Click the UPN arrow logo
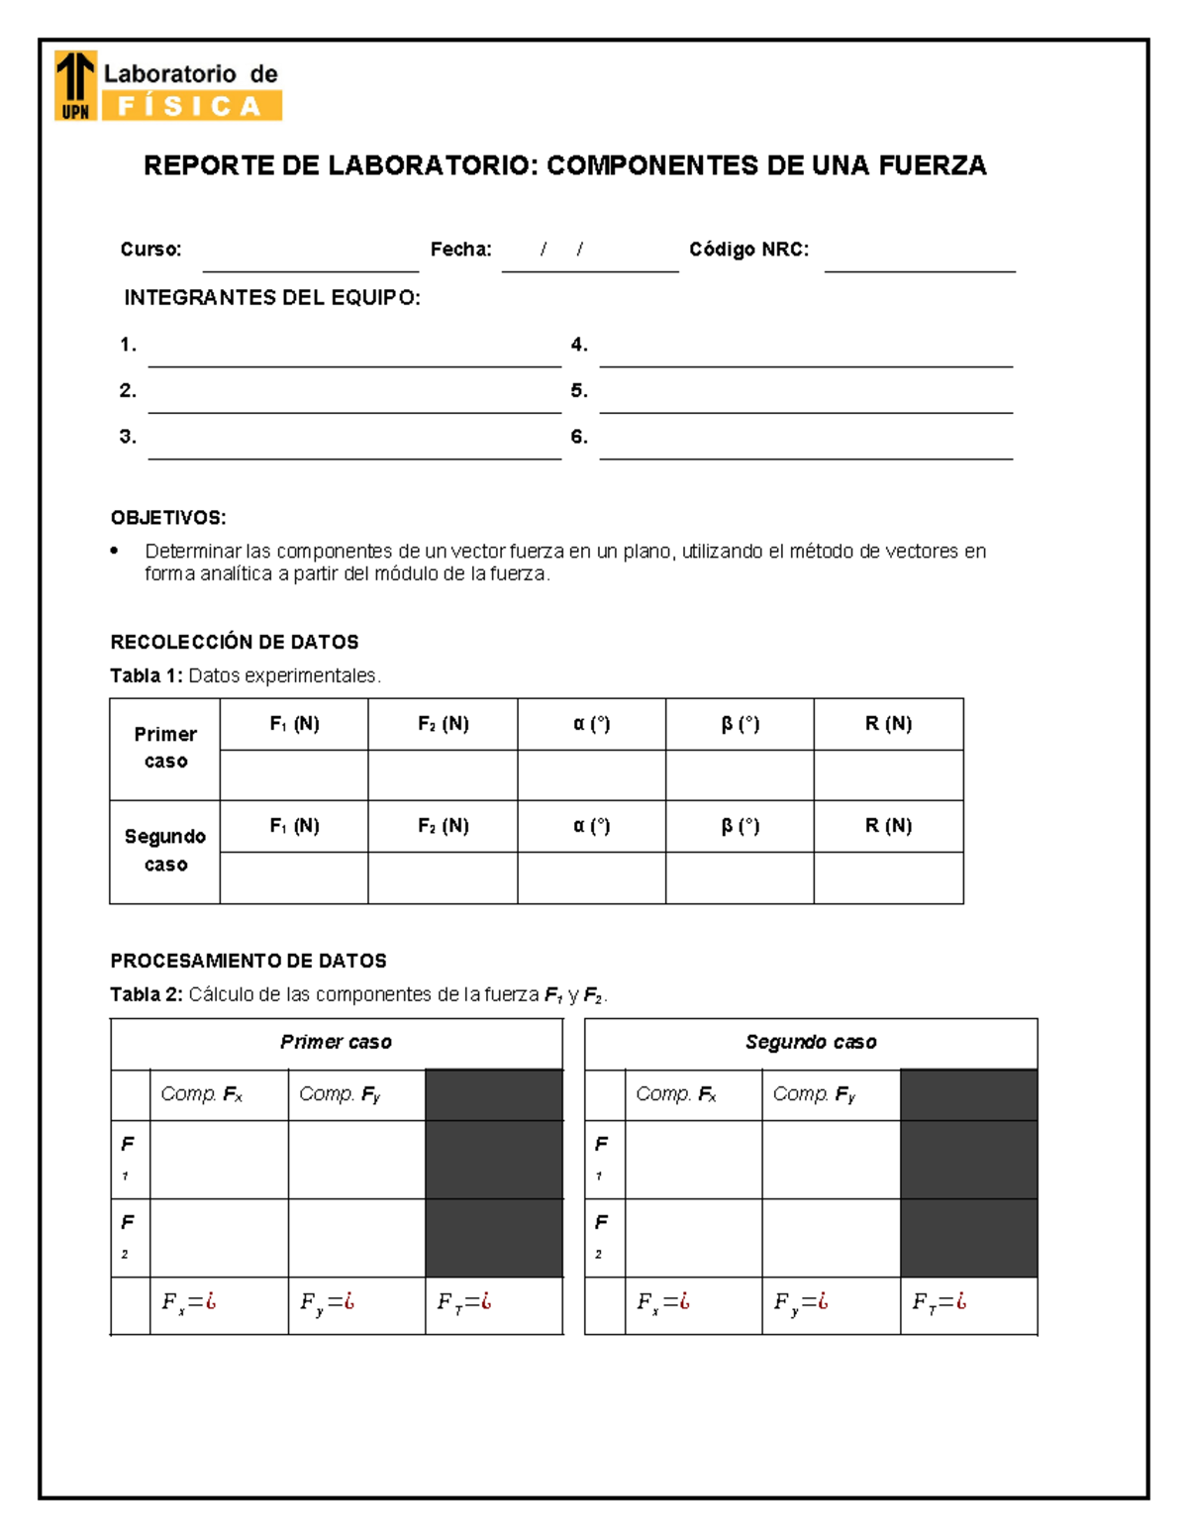(75, 85)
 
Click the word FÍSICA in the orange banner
(189, 106)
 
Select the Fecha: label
(460, 250)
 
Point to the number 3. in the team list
(128, 437)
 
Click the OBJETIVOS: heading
(168, 518)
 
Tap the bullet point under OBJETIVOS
(115, 551)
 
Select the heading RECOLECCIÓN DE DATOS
(235, 642)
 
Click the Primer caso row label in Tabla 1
(165, 748)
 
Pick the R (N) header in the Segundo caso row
(888, 826)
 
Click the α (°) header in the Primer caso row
(591, 724)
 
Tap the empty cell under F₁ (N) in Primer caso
(294, 775)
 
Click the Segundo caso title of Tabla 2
(811, 1042)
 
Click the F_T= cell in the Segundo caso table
(967, 1304)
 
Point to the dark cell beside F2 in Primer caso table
(494, 1238)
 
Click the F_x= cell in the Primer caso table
(218, 1304)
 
